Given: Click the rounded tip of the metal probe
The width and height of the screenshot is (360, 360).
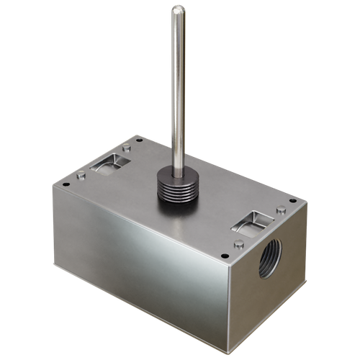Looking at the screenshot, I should (x=176, y=9).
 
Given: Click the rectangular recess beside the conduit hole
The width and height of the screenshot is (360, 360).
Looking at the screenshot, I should (x=253, y=222).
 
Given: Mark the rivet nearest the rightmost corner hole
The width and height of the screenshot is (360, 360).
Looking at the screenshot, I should (x=279, y=210).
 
